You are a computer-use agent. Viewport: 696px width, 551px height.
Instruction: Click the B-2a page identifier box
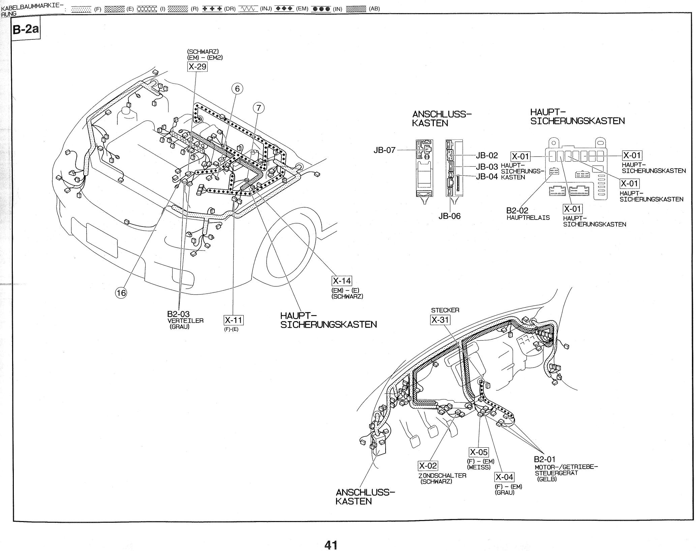pyautogui.click(x=26, y=29)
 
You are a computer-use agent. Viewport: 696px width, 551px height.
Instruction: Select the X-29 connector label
pyautogui.click(x=197, y=67)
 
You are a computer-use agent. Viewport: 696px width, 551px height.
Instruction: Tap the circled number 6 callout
pyautogui.click(x=237, y=89)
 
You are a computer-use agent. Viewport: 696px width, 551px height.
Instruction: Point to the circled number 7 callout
pyautogui.click(x=259, y=108)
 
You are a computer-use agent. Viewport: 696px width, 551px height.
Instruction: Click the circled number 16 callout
pyautogui.click(x=121, y=293)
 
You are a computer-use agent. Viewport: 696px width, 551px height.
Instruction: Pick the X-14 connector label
pyautogui.click(x=342, y=281)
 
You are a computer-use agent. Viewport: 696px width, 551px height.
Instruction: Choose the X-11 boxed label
pyautogui.click(x=234, y=320)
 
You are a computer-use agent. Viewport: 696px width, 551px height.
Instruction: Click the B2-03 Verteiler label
pyautogui.click(x=178, y=315)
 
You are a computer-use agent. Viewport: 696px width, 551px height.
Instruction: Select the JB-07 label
pyautogui.click(x=384, y=150)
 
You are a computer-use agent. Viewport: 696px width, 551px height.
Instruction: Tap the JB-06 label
pyautogui.click(x=449, y=216)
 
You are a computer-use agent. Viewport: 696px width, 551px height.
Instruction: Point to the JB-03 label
pyautogui.click(x=487, y=167)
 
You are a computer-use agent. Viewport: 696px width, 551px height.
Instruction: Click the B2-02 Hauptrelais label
pyautogui.click(x=517, y=211)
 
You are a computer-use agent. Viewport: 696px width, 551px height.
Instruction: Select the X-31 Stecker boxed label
pyautogui.click(x=440, y=319)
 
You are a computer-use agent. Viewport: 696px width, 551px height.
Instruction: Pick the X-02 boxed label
pyautogui.click(x=428, y=466)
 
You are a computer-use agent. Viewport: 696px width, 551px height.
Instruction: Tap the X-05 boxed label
pyautogui.click(x=479, y=452)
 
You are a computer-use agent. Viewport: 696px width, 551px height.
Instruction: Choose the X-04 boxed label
pyautogui.click(x=504, y=477)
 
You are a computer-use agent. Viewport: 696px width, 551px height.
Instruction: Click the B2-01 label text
pyautogui.click(x=544, y=459)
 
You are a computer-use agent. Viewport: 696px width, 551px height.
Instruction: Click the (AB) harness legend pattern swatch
pyautogui.click(x=356, y=9)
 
